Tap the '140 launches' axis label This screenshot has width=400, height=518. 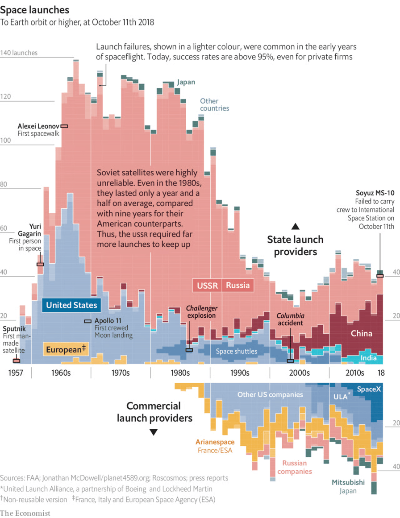coord(19,53)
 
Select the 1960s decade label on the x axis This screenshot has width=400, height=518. coord(61,373)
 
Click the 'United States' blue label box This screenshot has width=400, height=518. coord(71,305)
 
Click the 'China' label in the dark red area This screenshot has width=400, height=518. coord(361,333)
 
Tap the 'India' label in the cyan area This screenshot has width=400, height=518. coord(369,358)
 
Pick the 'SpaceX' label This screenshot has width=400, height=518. coord(369,389)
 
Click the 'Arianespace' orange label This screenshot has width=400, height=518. coord(215,442)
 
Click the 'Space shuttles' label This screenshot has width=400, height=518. coord(237,351)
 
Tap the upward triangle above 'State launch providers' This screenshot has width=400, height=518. coord(295,226)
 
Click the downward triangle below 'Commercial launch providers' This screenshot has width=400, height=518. coord(154,432)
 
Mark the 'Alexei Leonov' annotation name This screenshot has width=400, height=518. coord(38,126)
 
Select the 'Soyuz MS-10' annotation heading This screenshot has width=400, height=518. coord(375,193)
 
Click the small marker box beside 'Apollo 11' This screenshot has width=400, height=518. coord(88,321)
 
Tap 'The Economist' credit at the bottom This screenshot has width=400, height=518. coord(25,513)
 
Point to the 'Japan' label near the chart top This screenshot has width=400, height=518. coord(186,83)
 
